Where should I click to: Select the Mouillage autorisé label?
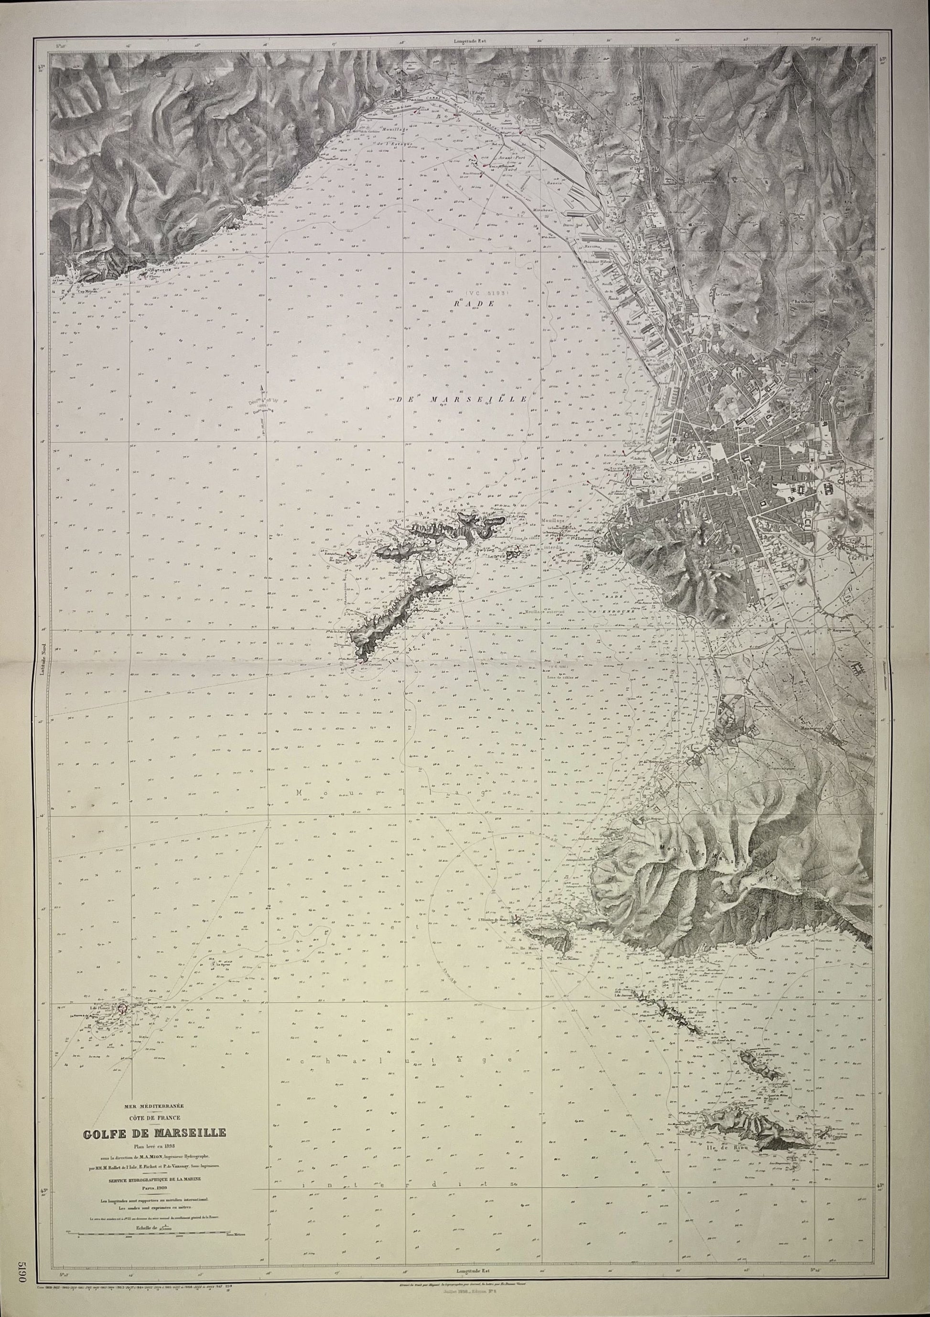(x=545, y=613)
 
